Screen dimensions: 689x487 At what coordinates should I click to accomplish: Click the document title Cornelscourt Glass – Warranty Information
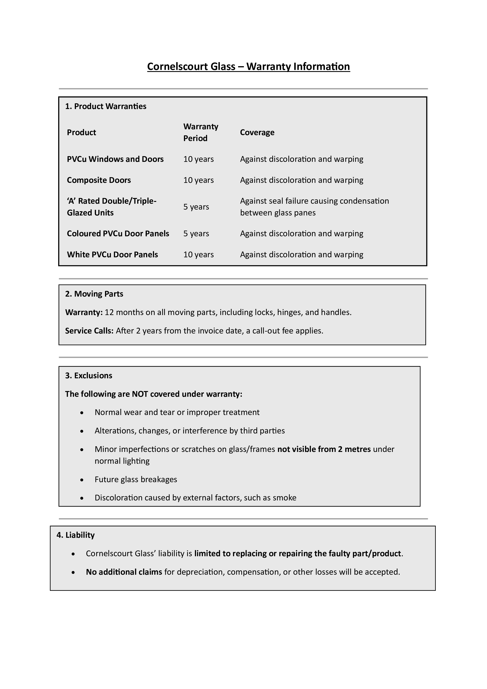coord(248,66)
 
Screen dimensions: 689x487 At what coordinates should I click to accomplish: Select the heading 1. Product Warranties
coord(106,106)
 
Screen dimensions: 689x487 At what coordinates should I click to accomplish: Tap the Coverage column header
coord(257,132)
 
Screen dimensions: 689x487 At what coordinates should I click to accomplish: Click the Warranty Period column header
coord(201,132)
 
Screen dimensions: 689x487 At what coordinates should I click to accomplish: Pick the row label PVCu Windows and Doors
coord(115,159)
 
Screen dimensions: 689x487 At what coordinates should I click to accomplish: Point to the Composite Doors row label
coord(99,180)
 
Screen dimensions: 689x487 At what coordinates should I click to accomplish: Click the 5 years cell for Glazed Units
coord(196,207)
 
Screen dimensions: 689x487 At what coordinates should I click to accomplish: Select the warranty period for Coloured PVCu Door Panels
coord(196,234)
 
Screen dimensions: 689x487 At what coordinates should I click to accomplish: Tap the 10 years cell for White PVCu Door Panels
coord(198,255)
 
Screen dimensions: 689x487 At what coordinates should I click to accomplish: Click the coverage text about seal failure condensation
coord(314,207)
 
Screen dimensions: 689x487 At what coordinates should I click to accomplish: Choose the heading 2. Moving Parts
coord(94,294)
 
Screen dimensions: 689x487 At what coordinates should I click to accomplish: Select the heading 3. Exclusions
coord(89,375)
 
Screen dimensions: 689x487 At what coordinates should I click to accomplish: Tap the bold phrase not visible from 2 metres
coord(324,449)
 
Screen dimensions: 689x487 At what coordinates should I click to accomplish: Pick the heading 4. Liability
coord(76,535)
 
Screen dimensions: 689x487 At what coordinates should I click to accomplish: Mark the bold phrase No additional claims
coord(124,572)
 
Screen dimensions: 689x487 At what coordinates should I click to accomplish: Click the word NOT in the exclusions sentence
coord(140,394)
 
